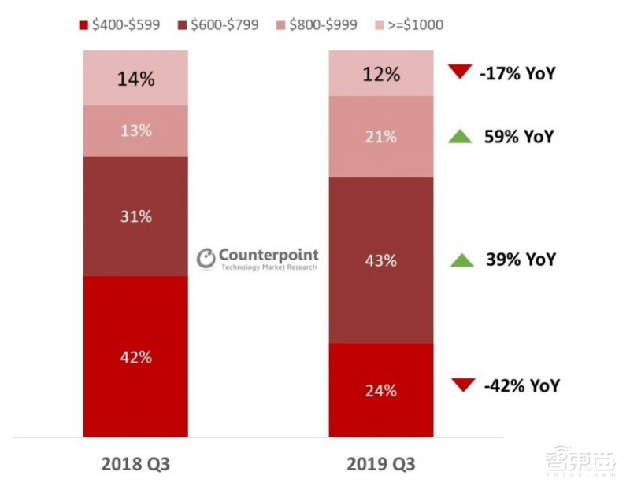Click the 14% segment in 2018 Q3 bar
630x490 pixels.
135,78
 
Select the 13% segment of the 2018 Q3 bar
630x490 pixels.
135,131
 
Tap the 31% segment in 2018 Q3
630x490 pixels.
135,216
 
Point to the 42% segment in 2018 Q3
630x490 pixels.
135,356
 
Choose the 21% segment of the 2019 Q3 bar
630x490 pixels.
380,137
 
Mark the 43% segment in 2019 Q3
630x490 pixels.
380,260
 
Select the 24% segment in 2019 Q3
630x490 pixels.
380,390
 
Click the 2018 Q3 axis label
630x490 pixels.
135,464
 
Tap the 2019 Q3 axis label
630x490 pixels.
380,464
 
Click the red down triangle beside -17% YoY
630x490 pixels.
459,72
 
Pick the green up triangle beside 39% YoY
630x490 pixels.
461,260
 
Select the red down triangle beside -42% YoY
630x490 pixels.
464,385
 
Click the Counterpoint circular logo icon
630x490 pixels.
206,259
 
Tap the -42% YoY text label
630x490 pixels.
522,385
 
